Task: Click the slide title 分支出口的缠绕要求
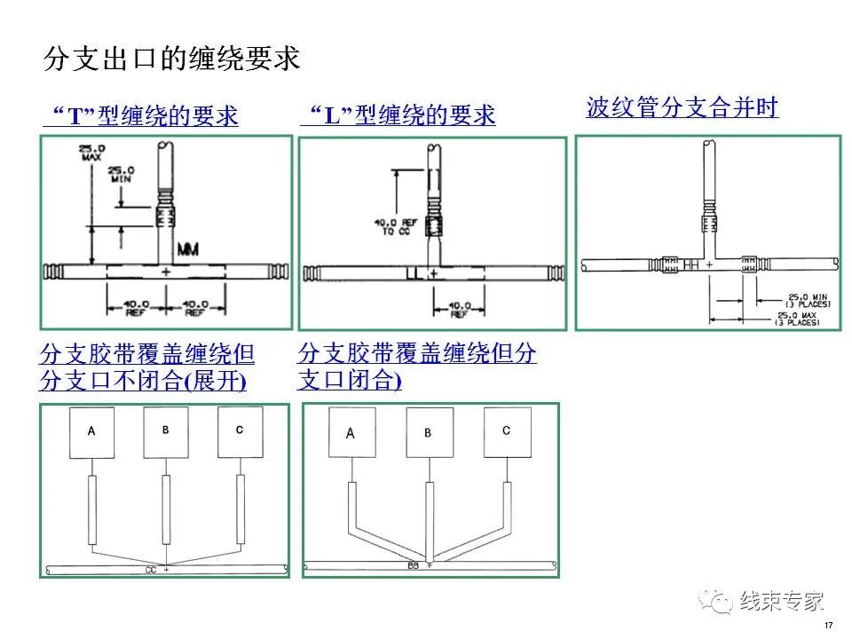point(172,59)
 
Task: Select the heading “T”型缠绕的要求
point(141,116)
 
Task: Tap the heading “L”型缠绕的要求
point(398,116)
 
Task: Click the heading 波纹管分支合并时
point(682,108)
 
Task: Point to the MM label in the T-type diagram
point(188,251)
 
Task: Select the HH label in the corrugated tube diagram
point(691,264)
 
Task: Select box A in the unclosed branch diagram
point(91,432)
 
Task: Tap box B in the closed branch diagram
point(428,433)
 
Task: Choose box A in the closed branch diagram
point(351,434)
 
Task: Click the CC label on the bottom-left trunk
point(151,569)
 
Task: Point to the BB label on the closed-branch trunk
point(413,564)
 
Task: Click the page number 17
point(828,627)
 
